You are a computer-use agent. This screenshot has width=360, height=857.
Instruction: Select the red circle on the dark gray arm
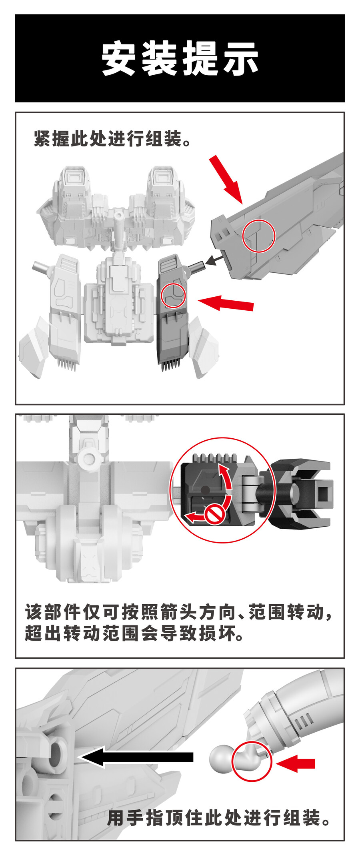[173, 295]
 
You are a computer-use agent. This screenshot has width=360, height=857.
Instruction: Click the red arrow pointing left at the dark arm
[226, 303]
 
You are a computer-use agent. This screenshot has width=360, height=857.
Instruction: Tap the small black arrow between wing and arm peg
[216, 260]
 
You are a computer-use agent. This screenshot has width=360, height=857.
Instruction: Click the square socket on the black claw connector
[323, 491]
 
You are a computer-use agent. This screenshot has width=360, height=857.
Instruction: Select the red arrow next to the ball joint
[295, 764]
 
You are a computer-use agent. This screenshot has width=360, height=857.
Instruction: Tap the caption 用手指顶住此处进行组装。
[219, 818]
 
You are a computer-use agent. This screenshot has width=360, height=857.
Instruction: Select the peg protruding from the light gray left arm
[41, 267]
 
